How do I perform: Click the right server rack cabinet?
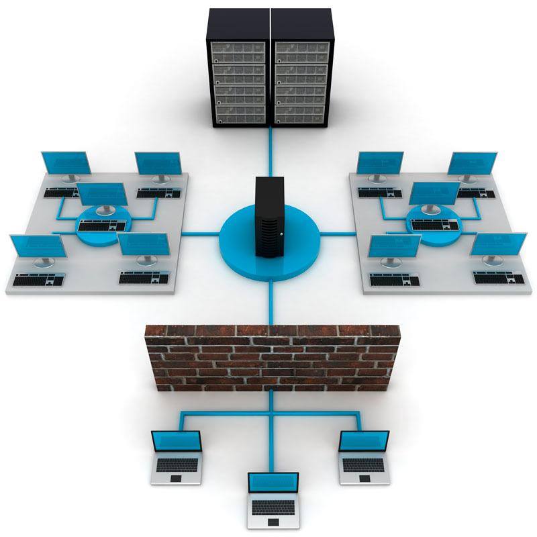point(301,67)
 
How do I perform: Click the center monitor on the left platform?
point(103,195)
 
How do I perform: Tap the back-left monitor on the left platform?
point(65,163)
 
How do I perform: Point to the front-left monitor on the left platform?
point(38,246)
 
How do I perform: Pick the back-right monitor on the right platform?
point(473,164)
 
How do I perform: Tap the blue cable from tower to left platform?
point(201,234)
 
